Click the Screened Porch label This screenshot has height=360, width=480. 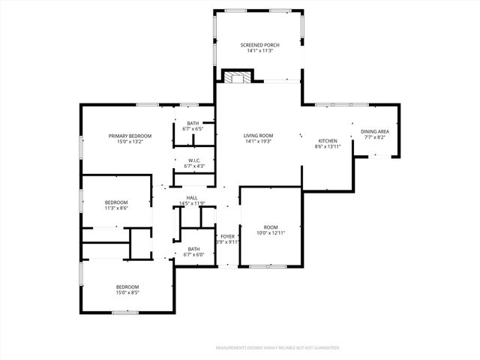pos(259,46)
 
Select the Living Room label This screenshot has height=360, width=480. pos(259,136)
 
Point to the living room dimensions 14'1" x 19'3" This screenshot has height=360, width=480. pos(259,142)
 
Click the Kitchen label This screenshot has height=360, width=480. pos(328,141)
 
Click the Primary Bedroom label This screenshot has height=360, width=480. pos(130,136)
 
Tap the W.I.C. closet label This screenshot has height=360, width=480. pos(193,160)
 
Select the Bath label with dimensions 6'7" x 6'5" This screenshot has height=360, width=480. pos(193,123)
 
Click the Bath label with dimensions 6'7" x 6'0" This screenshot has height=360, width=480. pos(193,249)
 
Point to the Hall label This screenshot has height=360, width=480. pos(192,198)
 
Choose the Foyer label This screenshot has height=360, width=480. pos(227,236)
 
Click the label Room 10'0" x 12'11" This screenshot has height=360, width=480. pos(270,227)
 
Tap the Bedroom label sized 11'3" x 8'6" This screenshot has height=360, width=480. pos(116,202)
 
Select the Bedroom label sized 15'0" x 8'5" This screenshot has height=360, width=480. pos(127,287)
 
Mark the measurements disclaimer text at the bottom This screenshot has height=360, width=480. pos(277,348)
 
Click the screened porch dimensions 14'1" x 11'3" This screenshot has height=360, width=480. pos(259,52)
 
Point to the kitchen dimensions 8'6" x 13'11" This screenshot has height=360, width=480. pos(328,147)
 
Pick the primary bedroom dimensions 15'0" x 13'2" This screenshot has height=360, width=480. pos(130,142)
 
